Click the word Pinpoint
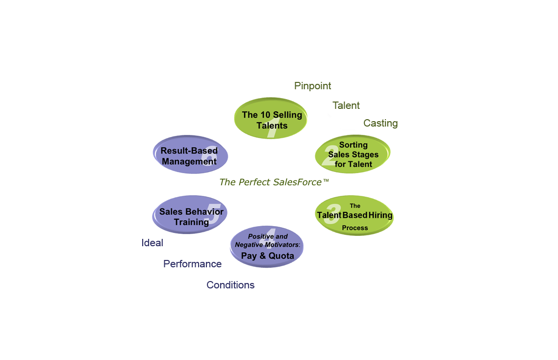(x=312, y=86)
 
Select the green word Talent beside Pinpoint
(x=346, y=105)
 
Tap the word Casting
(x=380, y=123)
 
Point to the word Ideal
(x=152, y=243)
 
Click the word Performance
(x=192, y=264)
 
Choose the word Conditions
(x=230, y=285)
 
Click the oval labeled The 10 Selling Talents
(x=271, y=119)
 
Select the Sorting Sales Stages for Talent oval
(x=353, y=154)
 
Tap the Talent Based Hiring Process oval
(x=354, y=215)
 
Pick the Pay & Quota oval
(x=267, y=247)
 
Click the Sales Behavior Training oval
(x=190, y=214)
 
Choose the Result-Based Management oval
(x=190, y=154)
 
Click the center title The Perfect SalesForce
(x=270, y=182)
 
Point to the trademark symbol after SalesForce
(x=326, y=181)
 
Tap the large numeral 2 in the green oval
(x=330, y=154)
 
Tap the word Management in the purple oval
(x=189, y=161)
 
